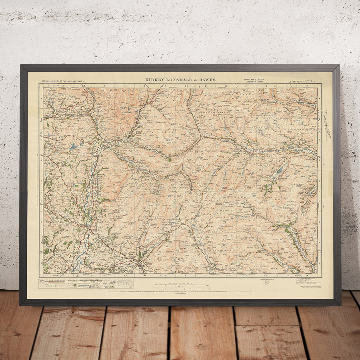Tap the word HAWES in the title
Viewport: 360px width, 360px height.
coord(207,80)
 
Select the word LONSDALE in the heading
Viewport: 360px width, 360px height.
coord(180,80)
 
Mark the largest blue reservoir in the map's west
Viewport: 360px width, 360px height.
coord(74,147)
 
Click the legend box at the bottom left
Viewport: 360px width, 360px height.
coord(86,283)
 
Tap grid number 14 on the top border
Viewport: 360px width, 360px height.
coord(306,86)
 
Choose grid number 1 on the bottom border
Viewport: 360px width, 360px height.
coord(47,276)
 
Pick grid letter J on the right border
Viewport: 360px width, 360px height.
coord(319,264)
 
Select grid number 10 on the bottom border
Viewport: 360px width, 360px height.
coord(226,276)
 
